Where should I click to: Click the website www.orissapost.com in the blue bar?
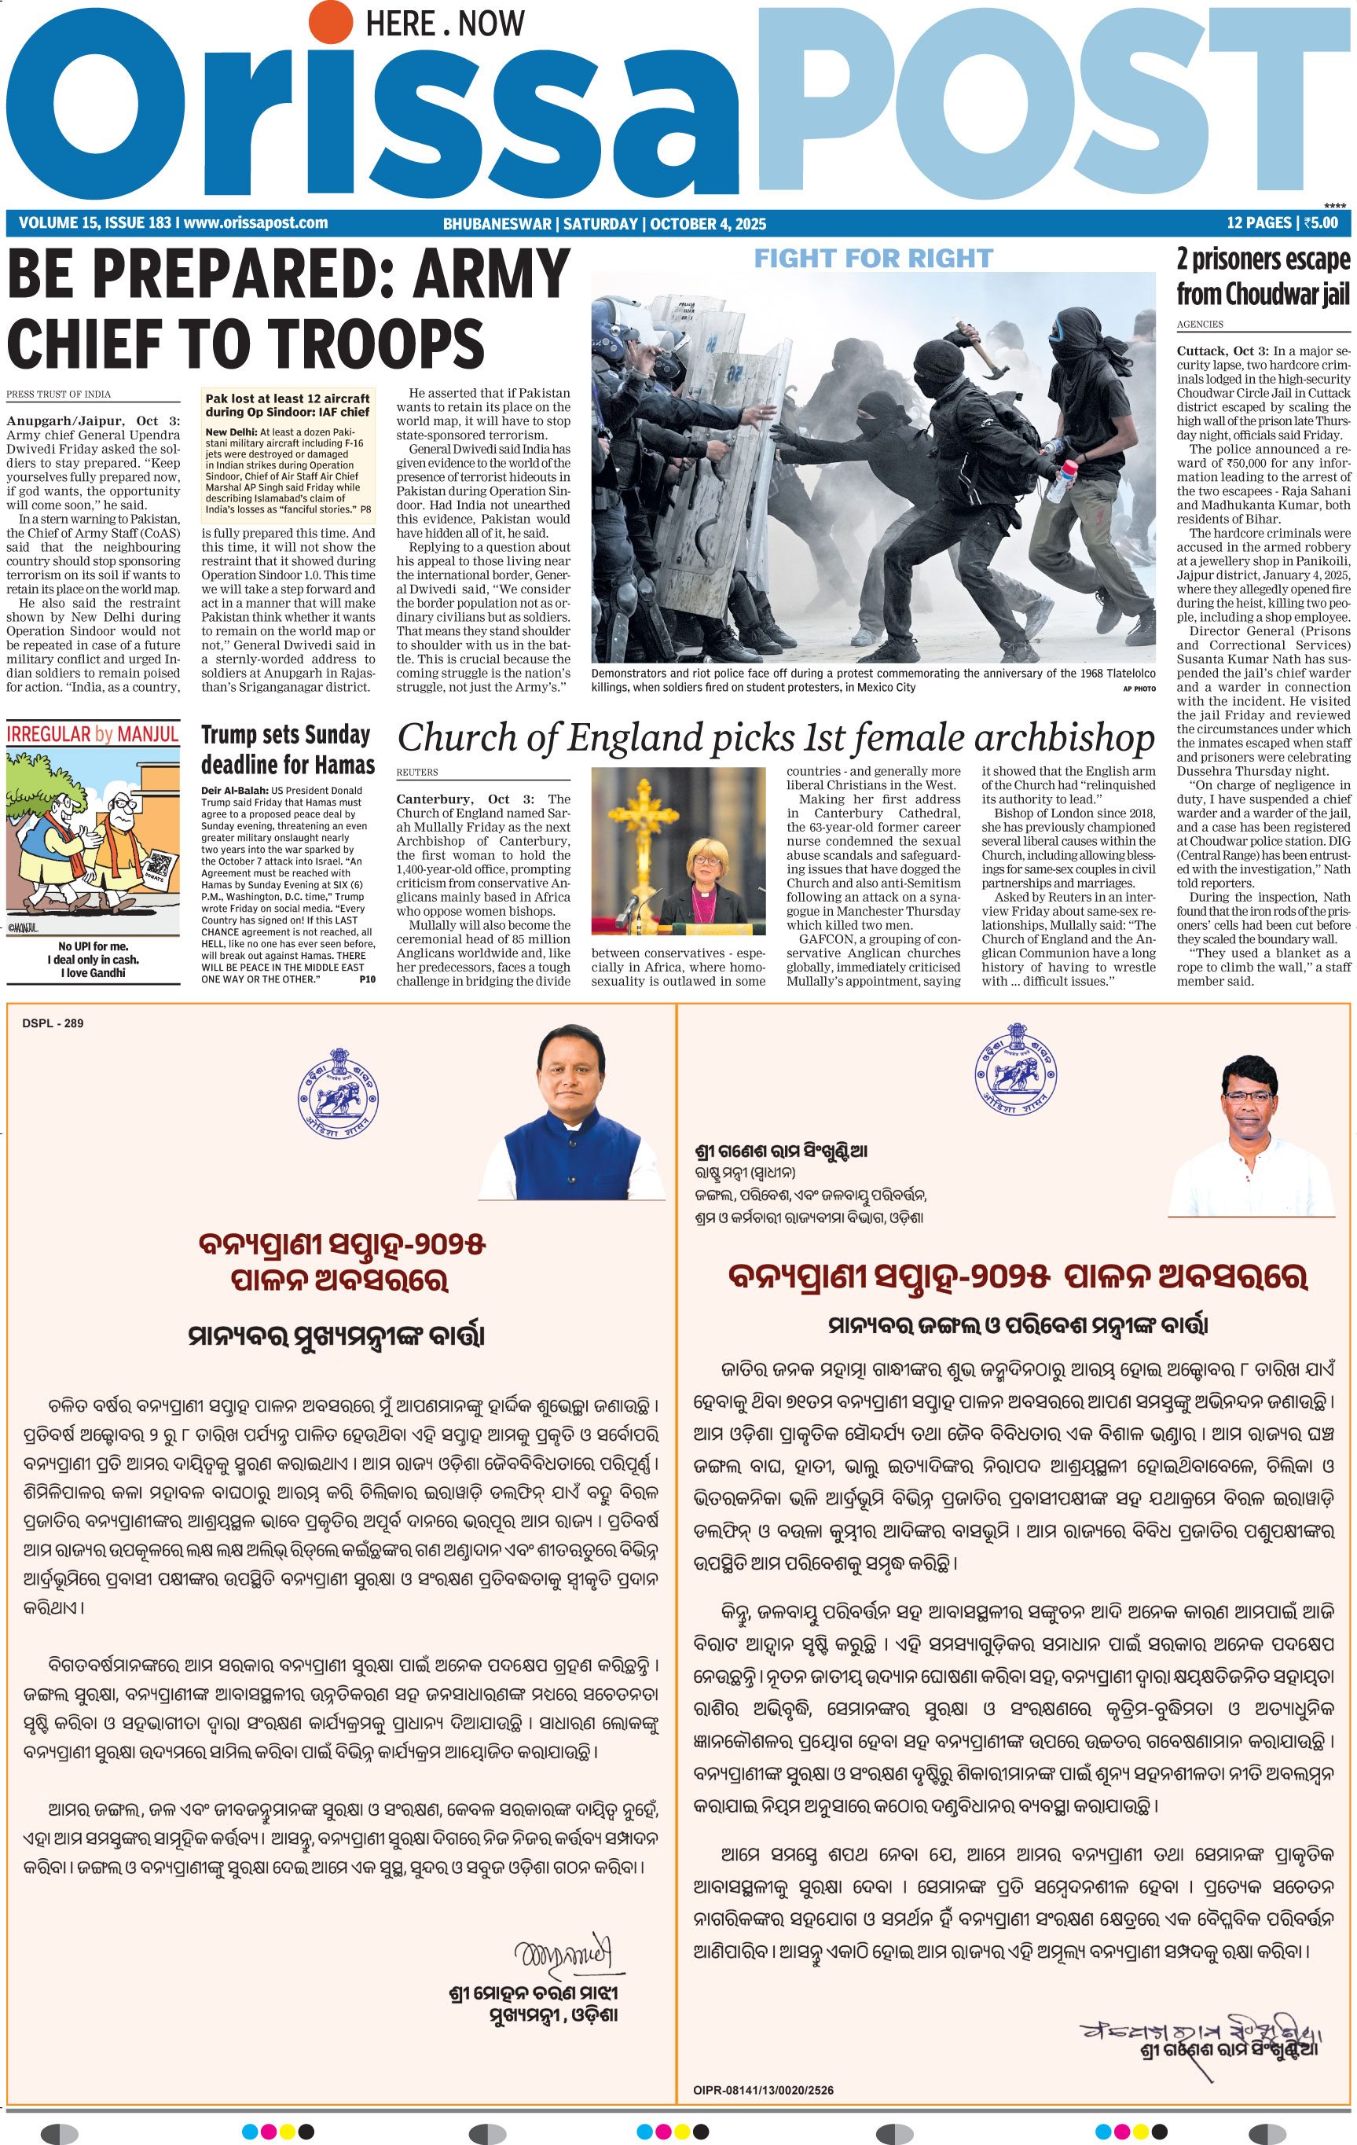[255, 222]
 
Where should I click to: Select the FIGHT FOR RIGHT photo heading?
[873, 259]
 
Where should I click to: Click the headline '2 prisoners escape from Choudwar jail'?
[1263, 276]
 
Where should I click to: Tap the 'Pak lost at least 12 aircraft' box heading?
[287, 406]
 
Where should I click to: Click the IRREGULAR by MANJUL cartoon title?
[93, 734]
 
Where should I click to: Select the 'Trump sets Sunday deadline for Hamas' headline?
[288, 750]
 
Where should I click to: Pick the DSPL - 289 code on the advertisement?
[53, 1023]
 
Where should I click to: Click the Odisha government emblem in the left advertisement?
[337, 1092]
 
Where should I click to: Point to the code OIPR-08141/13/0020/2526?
[763, 2090]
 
